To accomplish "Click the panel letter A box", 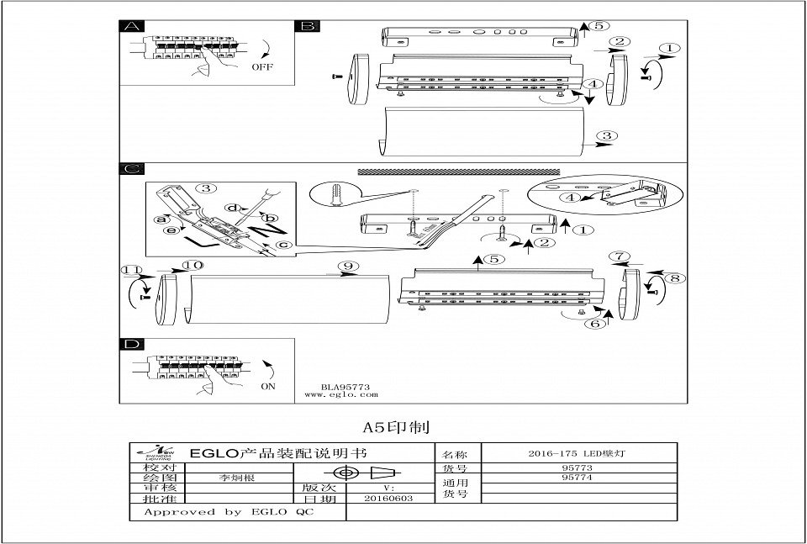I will point(131,27).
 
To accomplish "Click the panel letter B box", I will point(307,27).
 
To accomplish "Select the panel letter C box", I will point(131,169).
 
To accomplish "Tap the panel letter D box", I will point(131,345).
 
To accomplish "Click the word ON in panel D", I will point(268,386).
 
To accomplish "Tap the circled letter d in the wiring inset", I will point(237,207).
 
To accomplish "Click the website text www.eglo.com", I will point(340,393).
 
